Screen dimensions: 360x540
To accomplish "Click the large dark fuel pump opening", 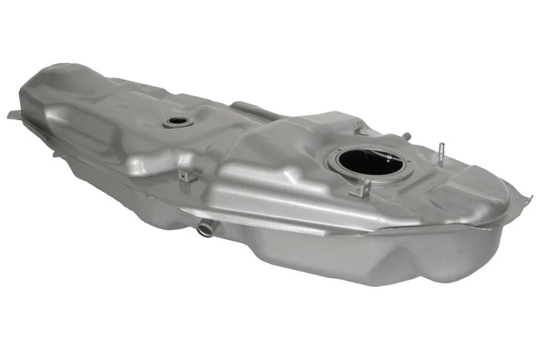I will [x=364, y=161].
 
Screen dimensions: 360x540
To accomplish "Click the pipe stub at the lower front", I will [x=205, y=229].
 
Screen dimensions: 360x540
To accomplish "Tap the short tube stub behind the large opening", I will [x=406, y=136].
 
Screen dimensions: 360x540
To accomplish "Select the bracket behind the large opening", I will [x=358, y=128].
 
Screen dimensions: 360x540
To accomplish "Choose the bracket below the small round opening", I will [x=187, y=176].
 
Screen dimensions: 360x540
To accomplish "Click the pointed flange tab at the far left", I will [x=13, y=115].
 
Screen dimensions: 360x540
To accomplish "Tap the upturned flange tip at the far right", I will [x=527, y=198].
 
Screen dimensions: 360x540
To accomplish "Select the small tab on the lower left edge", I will [x=57, y=154].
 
